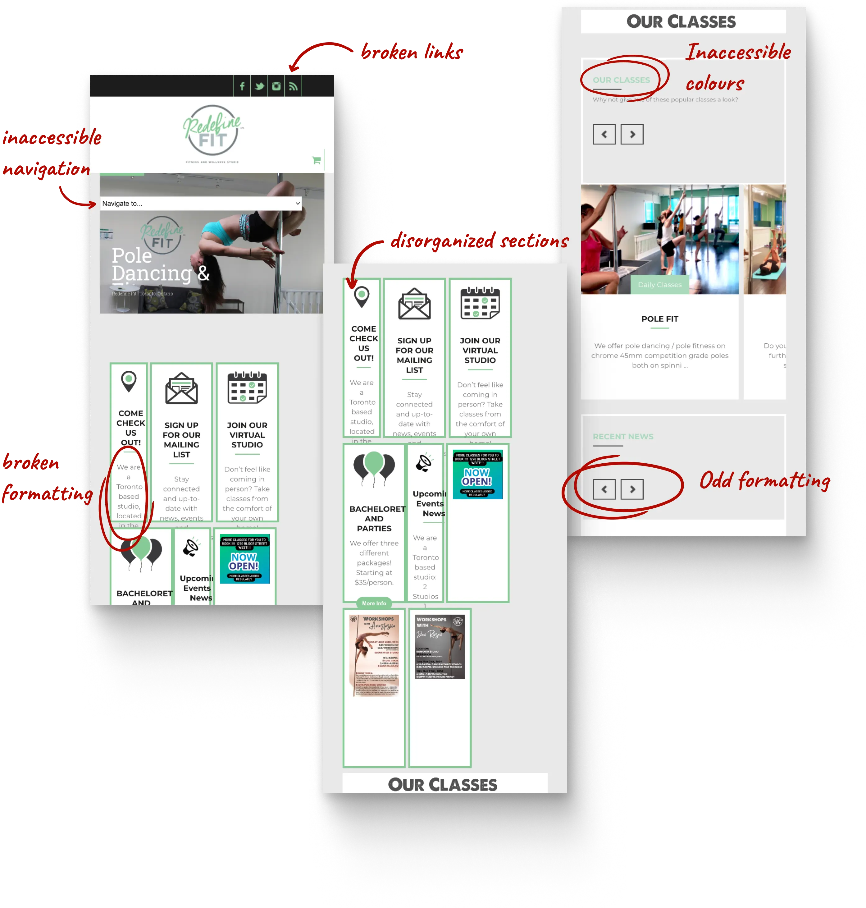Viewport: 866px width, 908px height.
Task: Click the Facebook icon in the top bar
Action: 242,86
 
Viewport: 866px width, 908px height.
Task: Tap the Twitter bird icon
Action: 259,86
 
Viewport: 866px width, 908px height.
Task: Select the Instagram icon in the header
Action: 276,86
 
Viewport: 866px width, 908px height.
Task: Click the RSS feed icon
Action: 293,86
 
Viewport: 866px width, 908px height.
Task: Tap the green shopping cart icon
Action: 316,160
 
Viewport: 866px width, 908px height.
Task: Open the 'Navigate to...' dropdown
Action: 201,203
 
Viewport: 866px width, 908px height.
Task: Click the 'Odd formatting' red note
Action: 764,480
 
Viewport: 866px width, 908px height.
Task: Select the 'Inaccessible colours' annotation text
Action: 738,67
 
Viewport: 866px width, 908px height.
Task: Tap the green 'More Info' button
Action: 374,603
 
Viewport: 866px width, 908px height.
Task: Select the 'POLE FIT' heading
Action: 660,319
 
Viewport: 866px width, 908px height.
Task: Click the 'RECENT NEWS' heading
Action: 623,437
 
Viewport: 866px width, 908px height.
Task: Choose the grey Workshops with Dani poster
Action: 440,647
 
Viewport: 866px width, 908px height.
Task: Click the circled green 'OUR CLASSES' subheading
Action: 621,80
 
